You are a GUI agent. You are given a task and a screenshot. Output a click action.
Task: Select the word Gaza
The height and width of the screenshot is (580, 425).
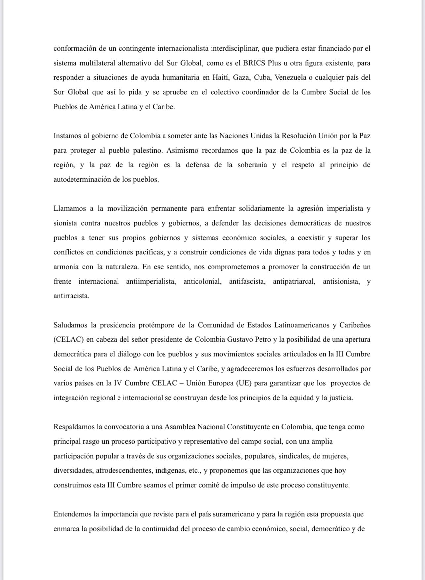[x=241, y=77]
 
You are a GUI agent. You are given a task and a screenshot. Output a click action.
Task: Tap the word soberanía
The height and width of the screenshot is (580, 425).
[x=252, y=165]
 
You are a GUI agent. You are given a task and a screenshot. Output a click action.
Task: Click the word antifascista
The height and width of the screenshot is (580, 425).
[x=247, y=281]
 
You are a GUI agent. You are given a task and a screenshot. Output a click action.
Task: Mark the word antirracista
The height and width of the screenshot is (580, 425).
[x=71, y=296]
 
